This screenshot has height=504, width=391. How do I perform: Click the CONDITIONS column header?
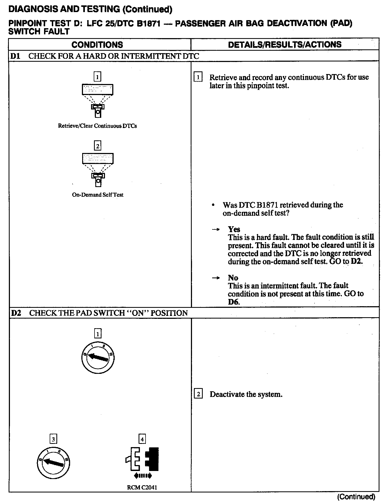(97, 45)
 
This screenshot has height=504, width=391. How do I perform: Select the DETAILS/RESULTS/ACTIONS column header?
(285, 45)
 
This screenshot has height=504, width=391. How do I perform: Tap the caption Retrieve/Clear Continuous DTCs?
(97, 126)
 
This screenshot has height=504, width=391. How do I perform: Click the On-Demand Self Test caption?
(97, 195)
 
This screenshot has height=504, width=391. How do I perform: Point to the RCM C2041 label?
(142, 487)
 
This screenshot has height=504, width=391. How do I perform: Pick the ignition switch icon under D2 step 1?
(97, 357)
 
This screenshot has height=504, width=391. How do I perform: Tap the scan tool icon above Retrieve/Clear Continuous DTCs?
(97, 100)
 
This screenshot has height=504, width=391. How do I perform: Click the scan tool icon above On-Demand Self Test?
(97, 169)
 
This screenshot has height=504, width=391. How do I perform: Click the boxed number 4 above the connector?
(142, 439)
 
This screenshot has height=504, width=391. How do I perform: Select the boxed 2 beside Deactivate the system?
(198, 394)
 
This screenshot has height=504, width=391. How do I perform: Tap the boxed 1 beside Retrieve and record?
(198, 78)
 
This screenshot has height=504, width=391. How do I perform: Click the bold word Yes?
(234, 229)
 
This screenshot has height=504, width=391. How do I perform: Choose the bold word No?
(233, 277)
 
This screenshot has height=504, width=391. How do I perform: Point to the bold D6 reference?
(233, 302)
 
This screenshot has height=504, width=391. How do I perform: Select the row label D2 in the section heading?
(16, 313)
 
